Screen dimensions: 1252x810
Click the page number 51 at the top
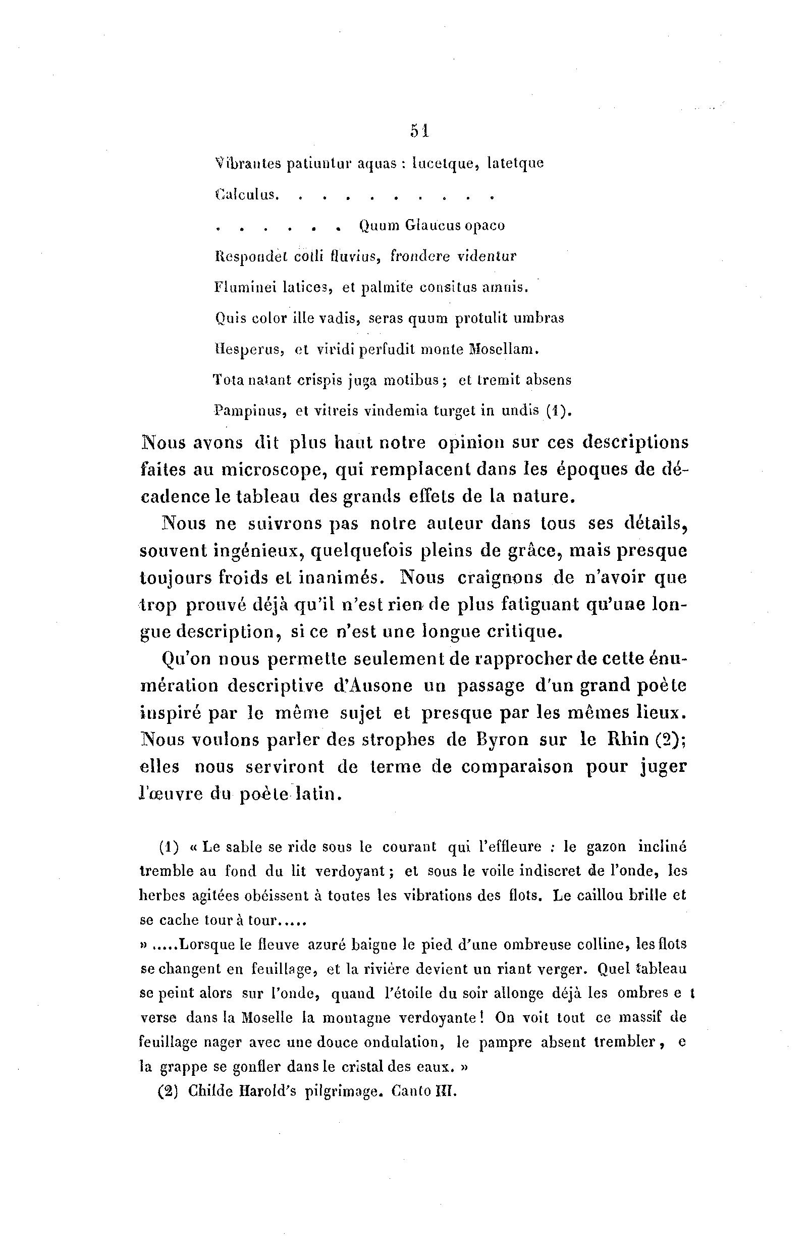pyautogui.click(x=420, y=130)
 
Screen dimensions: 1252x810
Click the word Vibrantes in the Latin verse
pyautogui.click(x=246, y=164)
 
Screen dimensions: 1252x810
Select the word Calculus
pyautogui.click(x=245, y=195)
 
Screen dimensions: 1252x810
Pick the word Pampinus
pyautogui.click(x=250, y=411)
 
